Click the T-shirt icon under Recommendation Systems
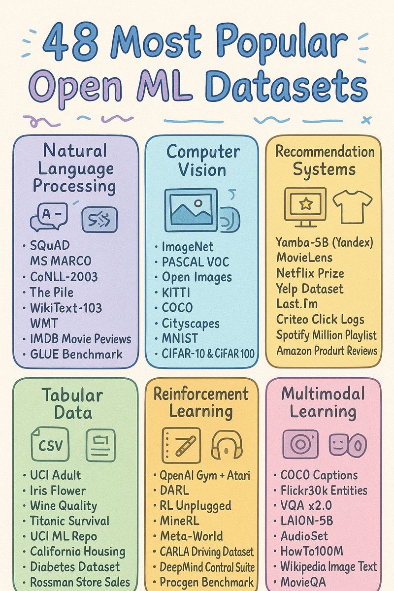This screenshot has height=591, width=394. pos(352,206)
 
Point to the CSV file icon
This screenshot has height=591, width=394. pos(50,444)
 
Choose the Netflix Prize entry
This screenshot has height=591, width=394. pos(310,273)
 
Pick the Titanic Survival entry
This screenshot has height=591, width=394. pos(69,521)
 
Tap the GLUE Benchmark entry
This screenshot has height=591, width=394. pos(76,354)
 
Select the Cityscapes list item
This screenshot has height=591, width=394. pos(191,324)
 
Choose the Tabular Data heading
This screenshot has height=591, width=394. pos(72,404)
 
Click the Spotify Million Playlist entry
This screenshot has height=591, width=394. pos(326,335)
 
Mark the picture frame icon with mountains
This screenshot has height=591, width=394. pos(191,209)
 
